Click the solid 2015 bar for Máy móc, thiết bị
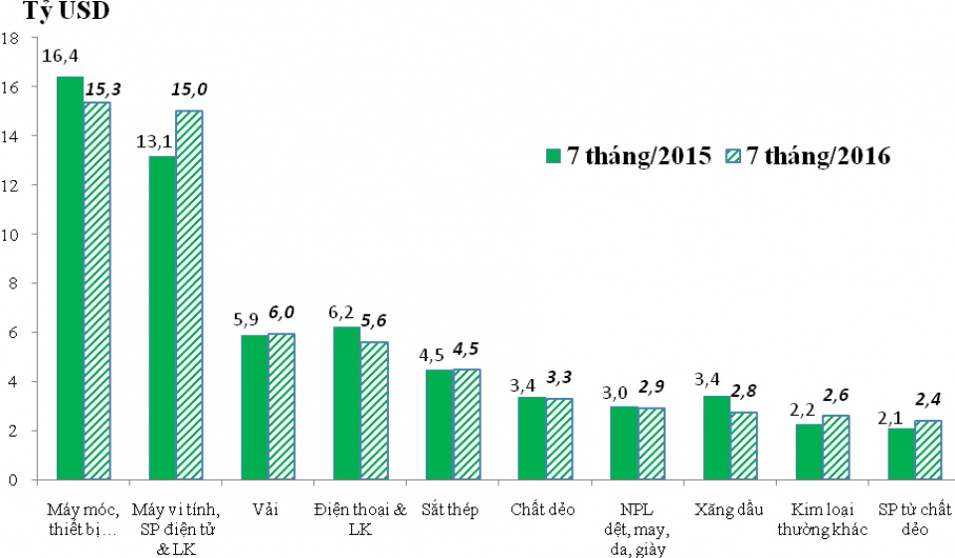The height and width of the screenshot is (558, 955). coord(70,279)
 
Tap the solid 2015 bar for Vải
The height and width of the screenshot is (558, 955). coord(255,408)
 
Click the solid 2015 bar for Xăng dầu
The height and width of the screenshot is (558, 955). coord(716,438)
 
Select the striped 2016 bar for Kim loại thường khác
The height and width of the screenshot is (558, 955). coord(836,448)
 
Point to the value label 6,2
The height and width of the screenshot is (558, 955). coord(341,312)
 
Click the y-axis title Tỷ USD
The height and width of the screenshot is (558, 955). coord(66,13)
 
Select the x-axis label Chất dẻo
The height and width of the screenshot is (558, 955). coord(543,510)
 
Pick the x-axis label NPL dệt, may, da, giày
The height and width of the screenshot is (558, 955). coord(637,529)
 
